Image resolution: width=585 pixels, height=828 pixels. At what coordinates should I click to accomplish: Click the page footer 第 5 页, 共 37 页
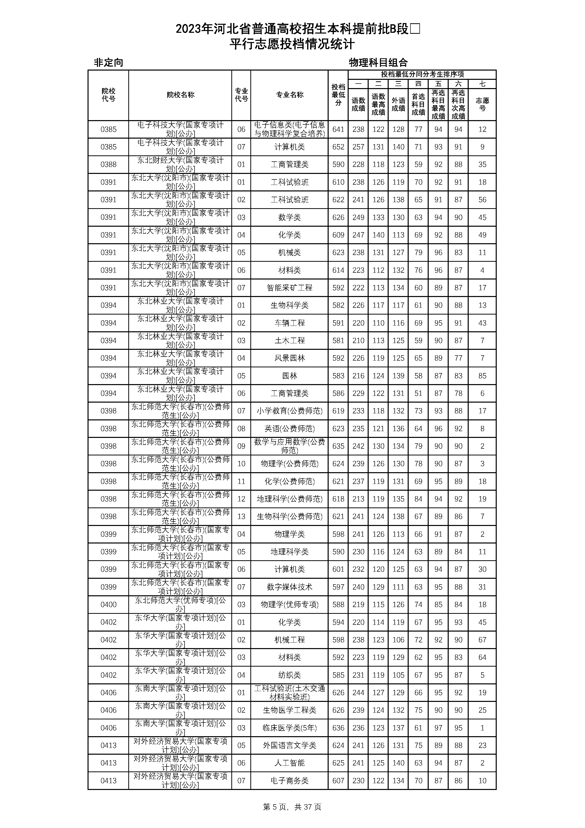pos(292,807)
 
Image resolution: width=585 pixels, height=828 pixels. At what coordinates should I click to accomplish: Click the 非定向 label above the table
pos(109,63)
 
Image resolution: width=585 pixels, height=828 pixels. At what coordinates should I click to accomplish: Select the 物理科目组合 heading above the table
pos(378,63)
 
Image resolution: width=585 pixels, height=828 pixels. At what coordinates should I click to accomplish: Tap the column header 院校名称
pos(180,95)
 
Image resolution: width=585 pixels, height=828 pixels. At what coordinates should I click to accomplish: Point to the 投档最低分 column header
pos(338,95)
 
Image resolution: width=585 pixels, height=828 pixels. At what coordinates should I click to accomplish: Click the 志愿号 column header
pos(482,104)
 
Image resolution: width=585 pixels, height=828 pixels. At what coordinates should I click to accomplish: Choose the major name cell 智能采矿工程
pos(289,288)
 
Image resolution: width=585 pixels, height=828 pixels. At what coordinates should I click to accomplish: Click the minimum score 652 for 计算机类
pos(338,147)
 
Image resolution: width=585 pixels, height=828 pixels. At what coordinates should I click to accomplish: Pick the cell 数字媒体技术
pos(289,587)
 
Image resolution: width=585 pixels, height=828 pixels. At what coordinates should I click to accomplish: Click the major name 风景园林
pos(289,358)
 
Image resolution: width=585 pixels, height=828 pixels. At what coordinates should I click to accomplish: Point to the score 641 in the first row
pos(338,129)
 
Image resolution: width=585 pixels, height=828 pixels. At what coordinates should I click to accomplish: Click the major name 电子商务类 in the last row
pos(289,780)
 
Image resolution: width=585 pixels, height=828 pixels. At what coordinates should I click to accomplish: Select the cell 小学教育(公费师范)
pos(289,411)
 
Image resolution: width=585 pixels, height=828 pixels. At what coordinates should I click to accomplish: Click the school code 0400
pos(109,604)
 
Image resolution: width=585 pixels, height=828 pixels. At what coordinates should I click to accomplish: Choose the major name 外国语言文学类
pos(289,745)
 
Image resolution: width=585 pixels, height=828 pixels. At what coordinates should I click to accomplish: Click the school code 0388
pos(109,164)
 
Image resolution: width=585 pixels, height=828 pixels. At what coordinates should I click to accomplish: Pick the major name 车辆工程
pos(289,323)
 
